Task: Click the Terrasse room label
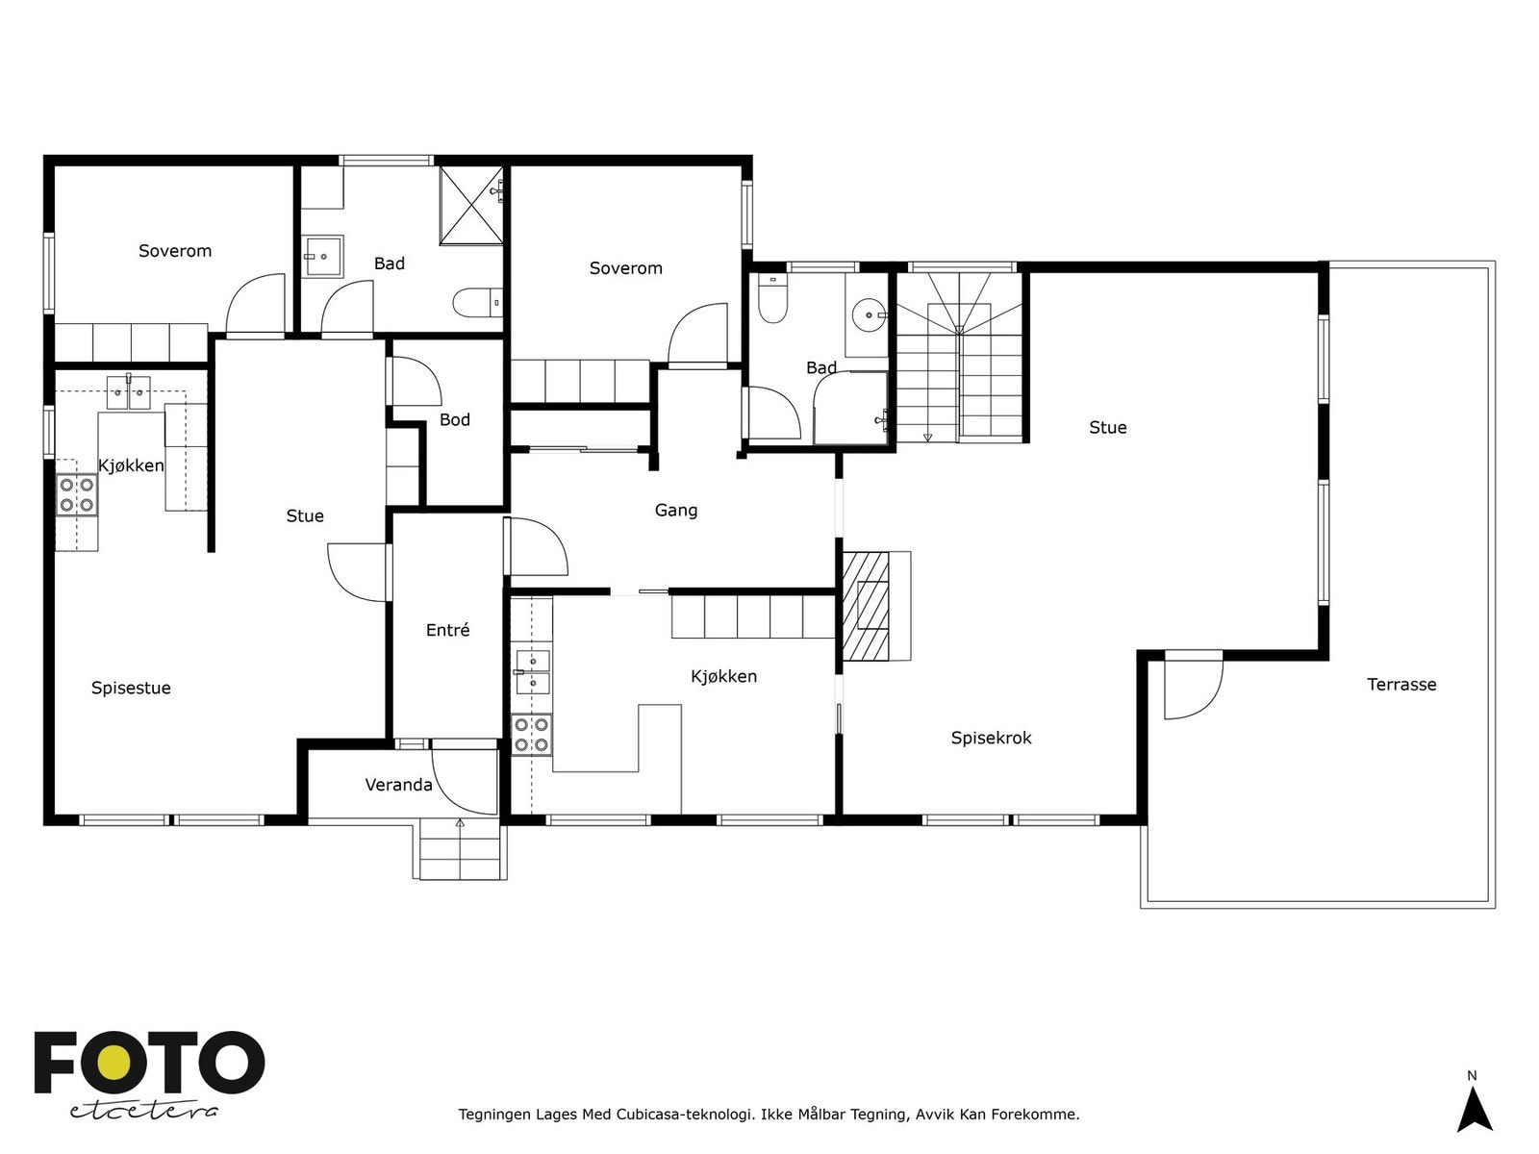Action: click(x=1400, y=685)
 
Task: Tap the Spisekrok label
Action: click(x=991, y=738)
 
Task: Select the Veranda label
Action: click(x=398, y=785)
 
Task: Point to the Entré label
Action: click(x=447, y=630)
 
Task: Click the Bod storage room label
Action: click(x=454, y=419)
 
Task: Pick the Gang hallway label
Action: click(x=676, y=510)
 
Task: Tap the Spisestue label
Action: click(x=131, y=688)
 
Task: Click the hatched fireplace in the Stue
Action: click(x=865, y=606)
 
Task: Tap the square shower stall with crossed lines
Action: click(x=471, y=205)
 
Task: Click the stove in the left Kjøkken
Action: click(x=76, y=494)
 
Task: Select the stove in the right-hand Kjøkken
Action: click(x=531, y=735)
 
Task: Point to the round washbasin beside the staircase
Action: click(x=870, y=315)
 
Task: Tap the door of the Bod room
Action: click(x=416, y=382)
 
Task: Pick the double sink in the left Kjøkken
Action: click(x=128, y=393)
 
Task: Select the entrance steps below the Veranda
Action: click(x=459, y=850)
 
